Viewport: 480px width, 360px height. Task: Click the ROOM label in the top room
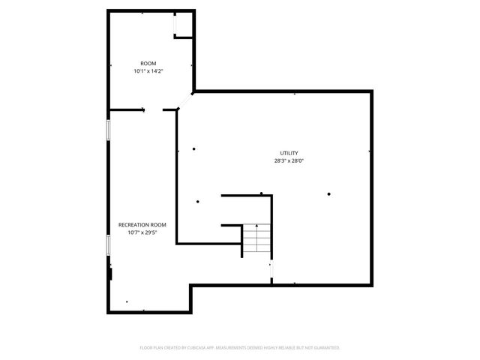click(x=148, y=63)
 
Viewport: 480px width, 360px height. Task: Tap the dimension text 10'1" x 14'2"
click(x=148, y=70)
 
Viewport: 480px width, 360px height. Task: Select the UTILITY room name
click(x=289, y=153)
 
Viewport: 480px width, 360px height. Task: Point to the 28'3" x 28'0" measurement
click(x=289, y=160)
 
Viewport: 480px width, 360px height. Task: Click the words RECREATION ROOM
click(x=142, y=224)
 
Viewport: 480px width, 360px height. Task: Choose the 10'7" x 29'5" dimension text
click(x=142, y=232)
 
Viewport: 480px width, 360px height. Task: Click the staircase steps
click(x=257, y=240)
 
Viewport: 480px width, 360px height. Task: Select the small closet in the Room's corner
click(x=183, y=25)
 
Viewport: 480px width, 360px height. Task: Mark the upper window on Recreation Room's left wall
click(x=108, y=130)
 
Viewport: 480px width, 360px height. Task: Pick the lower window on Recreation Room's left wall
click(x=108, y=246)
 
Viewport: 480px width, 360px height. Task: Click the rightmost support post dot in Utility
click(x=328, y=194)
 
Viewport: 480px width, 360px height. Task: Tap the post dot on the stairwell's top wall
click(x=261, y=194)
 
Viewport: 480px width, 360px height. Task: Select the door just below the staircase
click(x=271, y=271)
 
